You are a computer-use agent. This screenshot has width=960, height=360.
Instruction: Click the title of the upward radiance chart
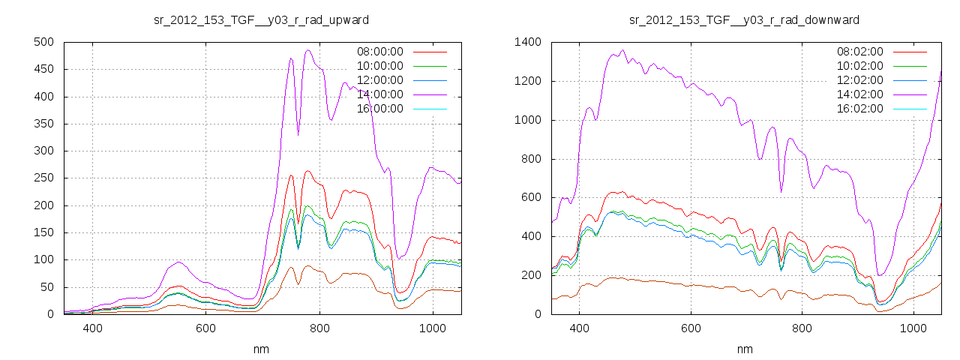click(x=261, y=19)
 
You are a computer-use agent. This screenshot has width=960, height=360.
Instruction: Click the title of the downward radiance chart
click(x=744, y=19)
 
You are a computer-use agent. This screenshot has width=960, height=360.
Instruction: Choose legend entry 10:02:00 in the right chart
click(x=859, y=66)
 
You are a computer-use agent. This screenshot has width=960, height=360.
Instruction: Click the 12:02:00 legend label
click(x=859, y=80)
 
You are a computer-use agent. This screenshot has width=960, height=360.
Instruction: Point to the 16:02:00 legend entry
click(x=859, y=109)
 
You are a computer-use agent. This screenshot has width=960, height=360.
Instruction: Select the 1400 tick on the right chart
click(x=527, y=42)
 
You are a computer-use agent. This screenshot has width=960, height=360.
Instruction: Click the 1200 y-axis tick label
click(x=527, y=81)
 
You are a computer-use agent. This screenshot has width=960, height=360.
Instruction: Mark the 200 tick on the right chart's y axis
click(x=530, y=275)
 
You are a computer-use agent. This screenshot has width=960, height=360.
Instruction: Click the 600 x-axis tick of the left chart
click(x=206, y=328)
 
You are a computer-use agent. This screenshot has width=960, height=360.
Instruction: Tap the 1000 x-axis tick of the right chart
click(x=913, y=328)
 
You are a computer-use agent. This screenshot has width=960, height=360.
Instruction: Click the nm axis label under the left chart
click(x=262, y=349)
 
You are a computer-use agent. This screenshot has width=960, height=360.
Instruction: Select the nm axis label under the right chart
click(x=744, y=349)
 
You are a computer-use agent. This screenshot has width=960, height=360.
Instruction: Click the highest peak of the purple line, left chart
click(x=307, y=50)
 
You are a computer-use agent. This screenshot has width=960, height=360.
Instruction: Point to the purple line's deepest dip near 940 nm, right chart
click(x=880, y=275)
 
